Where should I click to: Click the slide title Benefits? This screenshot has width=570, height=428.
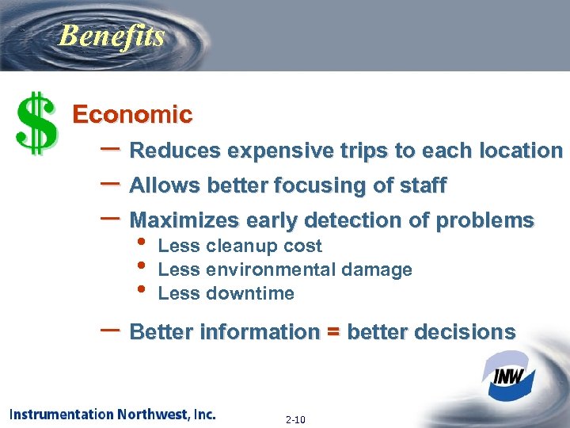click(112, 36)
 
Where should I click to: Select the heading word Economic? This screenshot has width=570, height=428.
click(132, 115)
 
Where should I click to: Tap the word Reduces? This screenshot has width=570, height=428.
click(175, 151)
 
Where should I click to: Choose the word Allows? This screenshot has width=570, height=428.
click(165, 186)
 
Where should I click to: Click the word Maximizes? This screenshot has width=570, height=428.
click(185, 220)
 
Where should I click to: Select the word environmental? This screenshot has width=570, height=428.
click(273, 269)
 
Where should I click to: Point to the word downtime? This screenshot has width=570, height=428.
click(249, 293)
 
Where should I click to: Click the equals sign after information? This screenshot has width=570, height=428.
click(332, 332)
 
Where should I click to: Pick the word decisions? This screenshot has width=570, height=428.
click(470, 332)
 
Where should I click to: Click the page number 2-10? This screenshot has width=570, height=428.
click(294, 419)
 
